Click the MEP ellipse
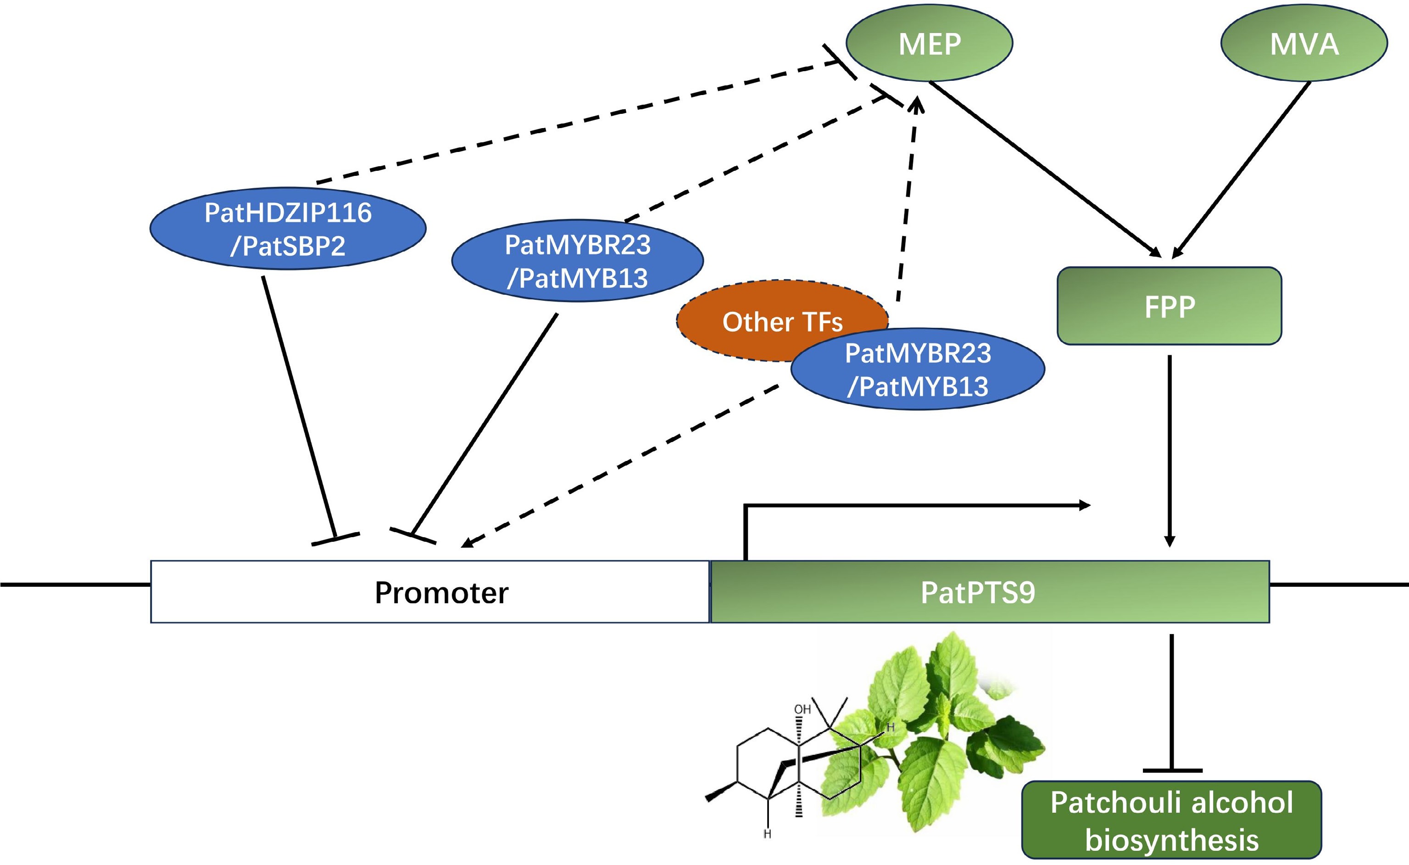tap(929, 44)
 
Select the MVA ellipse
tap(1304, 44)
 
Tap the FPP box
tap(1169, 306)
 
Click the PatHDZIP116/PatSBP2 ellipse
tap(288, 228)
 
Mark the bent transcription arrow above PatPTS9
tap(915, 506)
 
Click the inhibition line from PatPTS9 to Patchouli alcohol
tap(1172, 704)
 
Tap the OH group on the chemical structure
tap(802, 709)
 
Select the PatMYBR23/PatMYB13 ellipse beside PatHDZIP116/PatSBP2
tap(578, 261)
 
